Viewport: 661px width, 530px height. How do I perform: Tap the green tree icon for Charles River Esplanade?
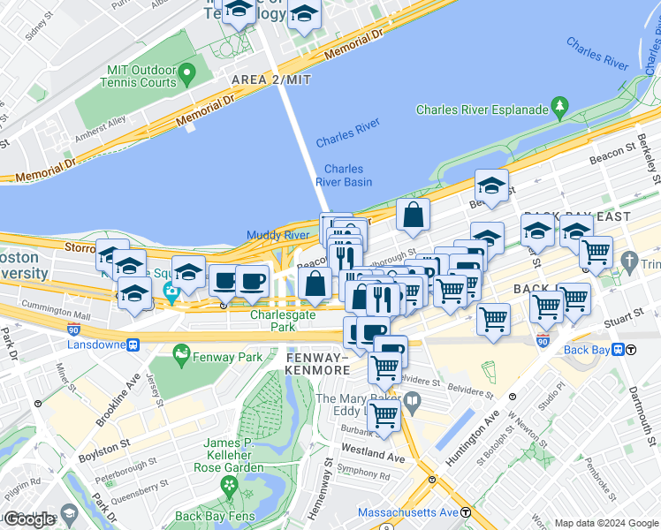coord(558,108)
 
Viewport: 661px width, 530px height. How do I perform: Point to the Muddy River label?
coord(277,235)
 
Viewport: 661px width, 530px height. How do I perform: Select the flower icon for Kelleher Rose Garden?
coord(230,485)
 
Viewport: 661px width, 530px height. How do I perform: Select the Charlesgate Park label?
coord(283,320)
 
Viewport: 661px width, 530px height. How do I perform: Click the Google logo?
coord(29,519)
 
